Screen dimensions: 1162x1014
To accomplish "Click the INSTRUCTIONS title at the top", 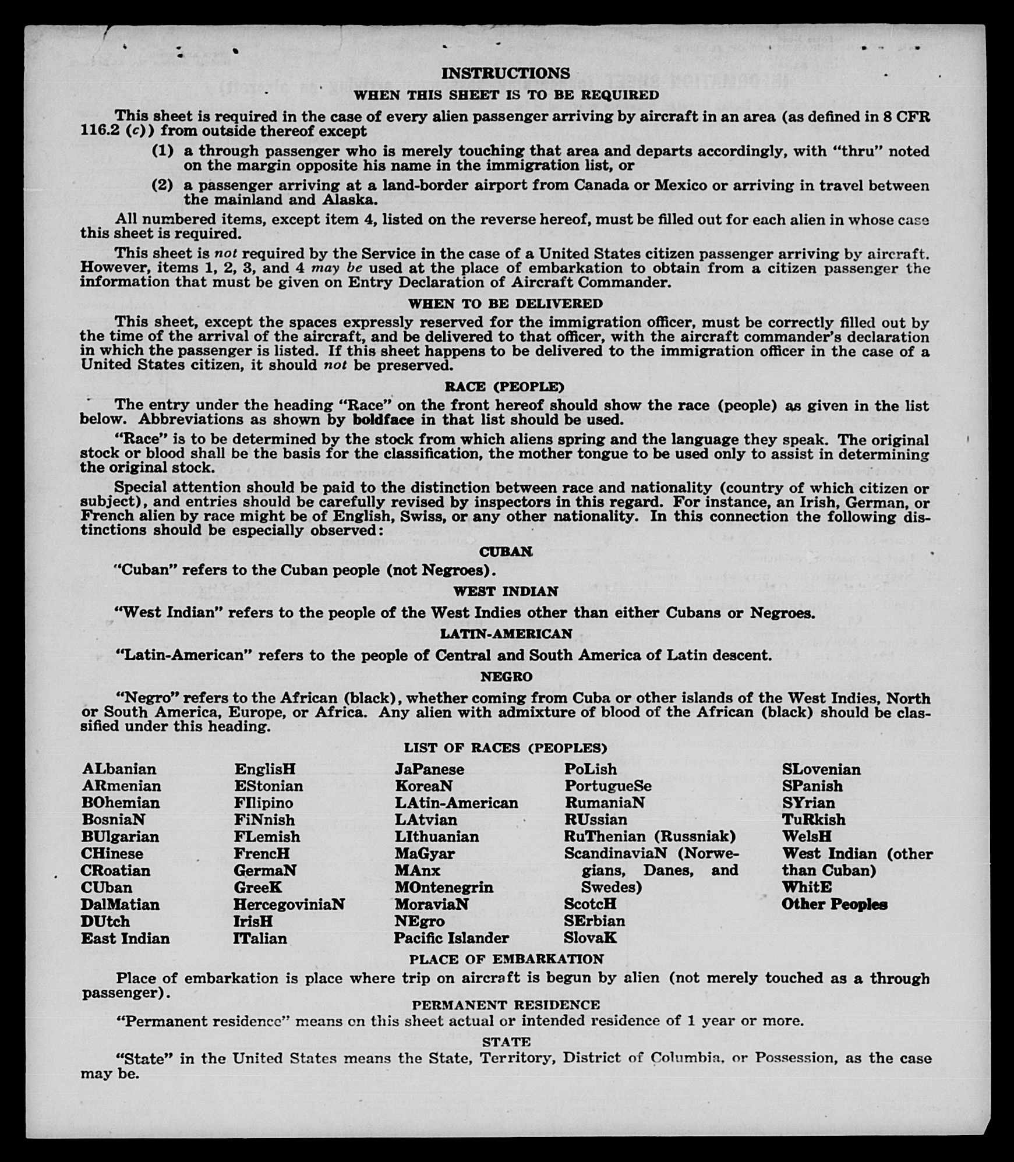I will pyautogui.click(x=505, y=73).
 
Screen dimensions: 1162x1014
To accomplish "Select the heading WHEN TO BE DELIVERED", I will pyautogui.click(x=505, y=303).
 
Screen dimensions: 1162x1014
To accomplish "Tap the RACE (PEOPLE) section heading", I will pyautogui.click(x=504, y=387).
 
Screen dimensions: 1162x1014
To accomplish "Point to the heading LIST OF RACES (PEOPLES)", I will pyautogui.click(x=505, y=748).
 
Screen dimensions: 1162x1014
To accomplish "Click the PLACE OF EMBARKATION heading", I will pyautogui.click(x=506, y=959).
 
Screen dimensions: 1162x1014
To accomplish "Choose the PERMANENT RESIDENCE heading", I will pyautogui.click(x=506, y=1005).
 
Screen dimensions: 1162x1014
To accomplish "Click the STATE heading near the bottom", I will pyautogui.click(x=506, y=1041).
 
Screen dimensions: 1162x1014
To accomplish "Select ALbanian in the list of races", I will pyautogui.click(x=119, y=769).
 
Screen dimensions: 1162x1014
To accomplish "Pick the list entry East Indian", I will pyautogui.click(x=125, y=938).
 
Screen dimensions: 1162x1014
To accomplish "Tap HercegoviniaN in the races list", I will pyautogui.click(x=289, y=905).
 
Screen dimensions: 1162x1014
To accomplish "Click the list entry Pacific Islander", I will pyautogui.click(x=451, y=938).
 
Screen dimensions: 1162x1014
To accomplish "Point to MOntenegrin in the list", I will pyautogui.click(x=444, y=888).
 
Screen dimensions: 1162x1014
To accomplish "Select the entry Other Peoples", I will pyautogui.click(x=834, y=905).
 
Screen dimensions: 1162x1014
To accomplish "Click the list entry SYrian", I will pyautogui.click(x=808, y=803).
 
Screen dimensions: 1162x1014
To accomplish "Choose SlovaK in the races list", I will pyautogui.click(x=590, y=938).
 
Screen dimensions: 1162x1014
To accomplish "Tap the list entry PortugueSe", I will pyautogui.click(x=607, y=786).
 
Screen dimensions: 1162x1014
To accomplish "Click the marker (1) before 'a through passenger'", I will pyautogui.click(x=163, y=151).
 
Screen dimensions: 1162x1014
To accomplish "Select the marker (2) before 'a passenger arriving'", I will pyautogui.click(x=163, y=185).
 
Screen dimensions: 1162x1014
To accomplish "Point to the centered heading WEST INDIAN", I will pyautogui.click(x=506, y=591).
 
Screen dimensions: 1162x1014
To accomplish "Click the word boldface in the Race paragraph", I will pyautogui.click(x=383, y=420).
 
